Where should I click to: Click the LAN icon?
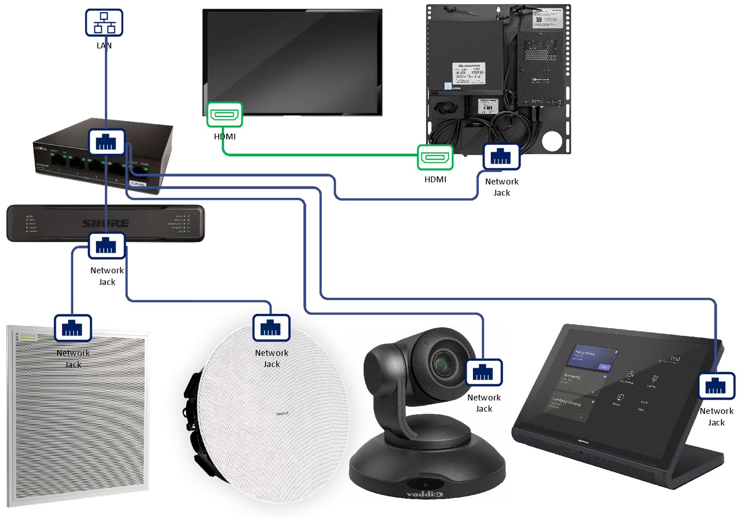pyautogui.click(x=104, y=23)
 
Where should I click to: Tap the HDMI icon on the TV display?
pyautogui.click(x=224, y=115)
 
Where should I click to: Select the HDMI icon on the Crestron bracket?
pyautogui.click(x=435, y=157)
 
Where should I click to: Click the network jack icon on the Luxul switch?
pyautogui.click(x=106, y=142)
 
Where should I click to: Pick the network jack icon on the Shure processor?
pyautogui.click(x=106, y=246)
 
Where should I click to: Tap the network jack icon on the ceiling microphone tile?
pyautogui.click(x=73, y=328)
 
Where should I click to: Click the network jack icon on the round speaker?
pyautogui.click(x=271, y=328)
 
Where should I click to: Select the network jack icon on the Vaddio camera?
pyautogui.click(x=483, y=372)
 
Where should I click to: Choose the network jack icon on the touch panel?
pyautogui.click(x=716, y=386)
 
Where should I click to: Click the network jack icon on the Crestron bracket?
pyautogui.click(x=501, y=157)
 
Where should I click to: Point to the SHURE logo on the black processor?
pyautogui.click(x=105, y=223)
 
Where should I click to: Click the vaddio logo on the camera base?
pyautogui.click(x=425, y=494)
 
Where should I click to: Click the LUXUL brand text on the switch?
pyautogui.click(x=41, y=148)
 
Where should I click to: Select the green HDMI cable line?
pyautogui.click(x=319, y=155)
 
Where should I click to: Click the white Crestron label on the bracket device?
pyautogui.click(x=468, y=73)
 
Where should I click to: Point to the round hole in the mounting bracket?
pyautogui.click(x=552, y=141)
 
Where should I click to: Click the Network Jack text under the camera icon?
pyautogui.click(x=484, y=403)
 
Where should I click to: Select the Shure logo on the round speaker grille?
pyautogui.click(x=282, y=414)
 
